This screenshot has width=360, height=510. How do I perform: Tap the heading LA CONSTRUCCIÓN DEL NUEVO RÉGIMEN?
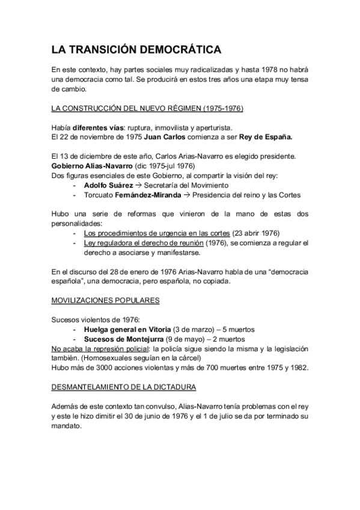(x=147, y=108)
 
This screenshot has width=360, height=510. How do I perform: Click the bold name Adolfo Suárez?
(x=109, y=185)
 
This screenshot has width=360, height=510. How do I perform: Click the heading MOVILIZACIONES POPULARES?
(x=106, y=300)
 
